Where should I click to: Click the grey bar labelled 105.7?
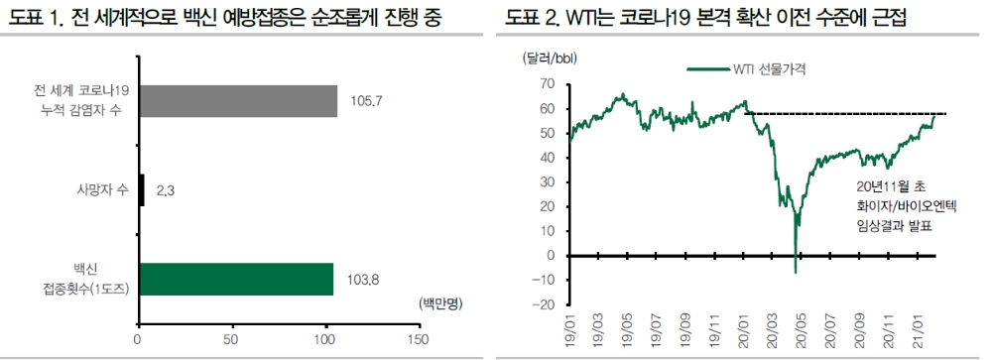tap(238, 101)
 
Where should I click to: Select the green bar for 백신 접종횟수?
tap(236, 280)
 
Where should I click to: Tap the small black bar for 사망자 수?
tap(142, 190)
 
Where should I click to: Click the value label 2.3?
tap(167, 190)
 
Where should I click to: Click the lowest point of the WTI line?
tap(796, 272)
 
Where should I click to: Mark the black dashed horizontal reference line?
tap(843, 114)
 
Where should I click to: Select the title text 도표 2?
tap(534, 18)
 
